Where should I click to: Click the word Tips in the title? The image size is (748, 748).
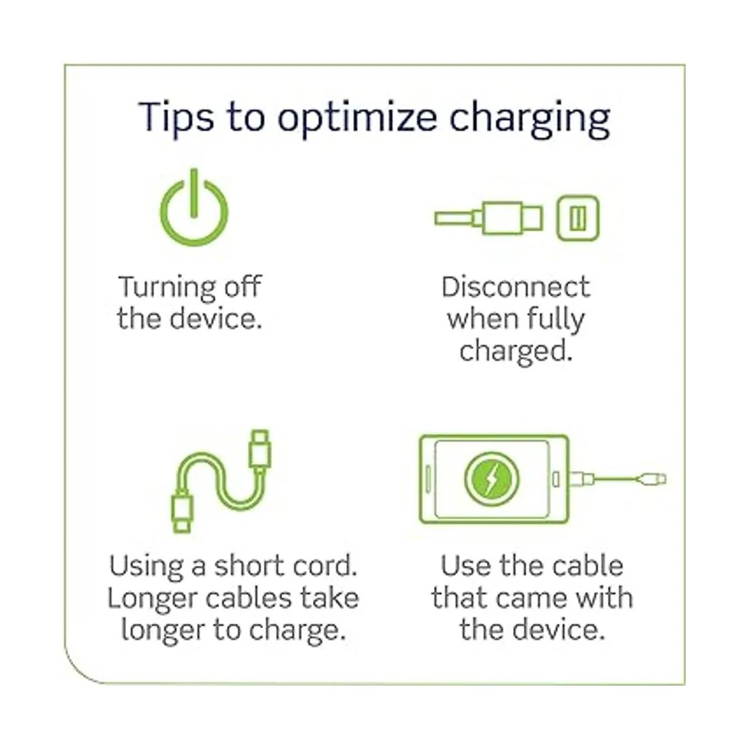coord(176,117)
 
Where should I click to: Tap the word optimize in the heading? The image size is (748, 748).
coord(357,118)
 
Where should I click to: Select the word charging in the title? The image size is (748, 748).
coord(529,118)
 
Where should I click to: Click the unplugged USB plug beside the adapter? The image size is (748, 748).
coord(488,218)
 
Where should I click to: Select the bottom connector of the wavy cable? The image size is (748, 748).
coord(182,512)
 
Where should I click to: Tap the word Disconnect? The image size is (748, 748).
coord(516,287)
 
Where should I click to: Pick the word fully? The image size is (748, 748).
coord(556,320)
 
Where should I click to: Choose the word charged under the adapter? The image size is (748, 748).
coord(516,352)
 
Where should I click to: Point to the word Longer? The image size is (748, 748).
coord(153,599)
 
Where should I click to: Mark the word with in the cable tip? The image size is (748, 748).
coord(608,598)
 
